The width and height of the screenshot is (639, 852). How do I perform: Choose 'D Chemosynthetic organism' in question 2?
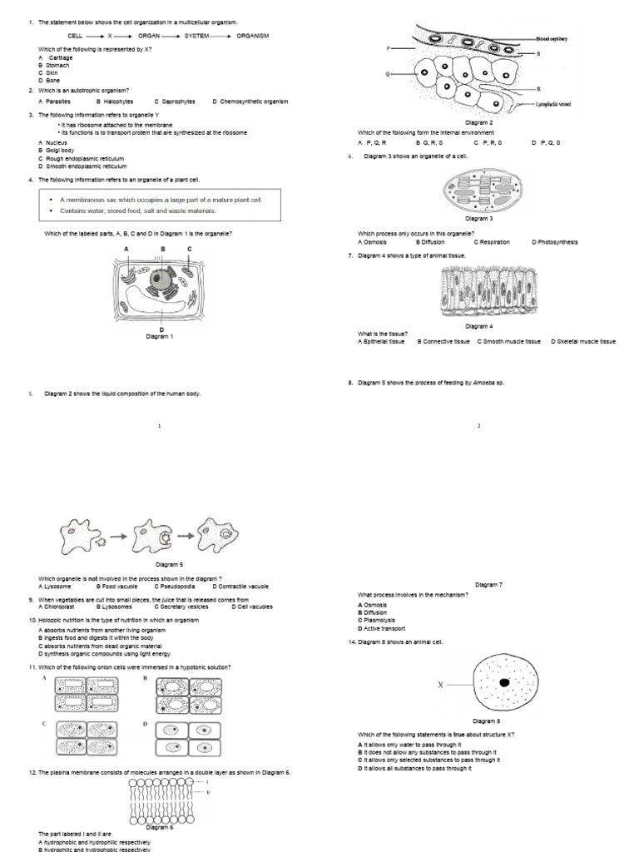(x=250, y=102)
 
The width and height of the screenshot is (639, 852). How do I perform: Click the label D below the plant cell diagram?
(x=160, y=329)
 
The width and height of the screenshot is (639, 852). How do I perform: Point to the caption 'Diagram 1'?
(x=160, y=336)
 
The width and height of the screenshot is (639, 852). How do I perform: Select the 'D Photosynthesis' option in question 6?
(x=554, y=242)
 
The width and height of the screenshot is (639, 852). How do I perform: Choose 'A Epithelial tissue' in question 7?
(x=381, y=341)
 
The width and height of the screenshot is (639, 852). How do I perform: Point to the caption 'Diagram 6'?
(x=160, y=827)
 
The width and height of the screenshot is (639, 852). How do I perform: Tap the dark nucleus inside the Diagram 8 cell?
(x=504, y=682)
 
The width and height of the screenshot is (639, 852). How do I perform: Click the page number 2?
(x=479, y=426)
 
